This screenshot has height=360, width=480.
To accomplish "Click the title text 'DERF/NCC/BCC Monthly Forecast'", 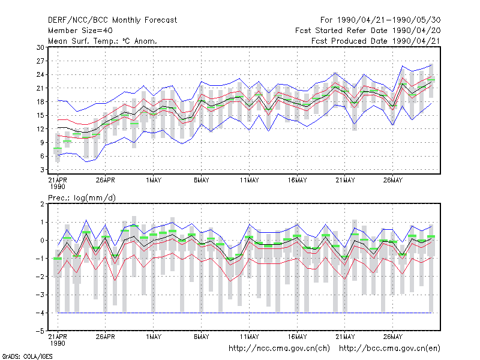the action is [x=112, y=20].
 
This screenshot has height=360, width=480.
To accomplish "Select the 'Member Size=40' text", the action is [x=80, y=31].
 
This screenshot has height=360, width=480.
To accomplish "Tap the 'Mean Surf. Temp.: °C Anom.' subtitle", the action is [x=103, y=41].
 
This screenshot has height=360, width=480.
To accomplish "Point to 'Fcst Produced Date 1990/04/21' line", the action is [x=376, y=41].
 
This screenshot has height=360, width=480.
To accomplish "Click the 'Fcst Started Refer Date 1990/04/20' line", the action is [x=368, y=31].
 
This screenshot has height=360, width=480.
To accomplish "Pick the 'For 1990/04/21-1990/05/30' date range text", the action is [x=380, y=20].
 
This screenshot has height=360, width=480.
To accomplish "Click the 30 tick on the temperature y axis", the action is [x=40, y=47].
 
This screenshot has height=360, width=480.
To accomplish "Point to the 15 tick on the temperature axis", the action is [x=40, y=115].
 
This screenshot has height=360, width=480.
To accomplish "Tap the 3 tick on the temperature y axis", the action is [x=42, y=170].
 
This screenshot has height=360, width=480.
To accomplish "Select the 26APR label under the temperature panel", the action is [x=106, y=180].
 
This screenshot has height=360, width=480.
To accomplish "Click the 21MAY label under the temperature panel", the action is [x=345, y=180].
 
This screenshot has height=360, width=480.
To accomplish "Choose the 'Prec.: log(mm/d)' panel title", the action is [x=82, y=198].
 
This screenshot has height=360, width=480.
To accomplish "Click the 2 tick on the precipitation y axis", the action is [x=42, y=204].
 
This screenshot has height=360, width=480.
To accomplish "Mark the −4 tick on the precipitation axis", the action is [x=40, y=313].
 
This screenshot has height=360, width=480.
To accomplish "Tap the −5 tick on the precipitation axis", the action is [x=40, y=331].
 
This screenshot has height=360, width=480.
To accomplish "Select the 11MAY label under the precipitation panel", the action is [x=249, y=337].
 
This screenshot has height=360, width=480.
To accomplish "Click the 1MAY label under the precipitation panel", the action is [x=154, y=337].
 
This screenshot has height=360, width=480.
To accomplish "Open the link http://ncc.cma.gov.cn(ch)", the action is [x=279, y=349].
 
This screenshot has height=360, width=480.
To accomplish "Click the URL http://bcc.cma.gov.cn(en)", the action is [x=389, y=349].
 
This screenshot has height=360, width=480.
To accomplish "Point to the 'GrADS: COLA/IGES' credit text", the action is [x=27, y=356].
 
